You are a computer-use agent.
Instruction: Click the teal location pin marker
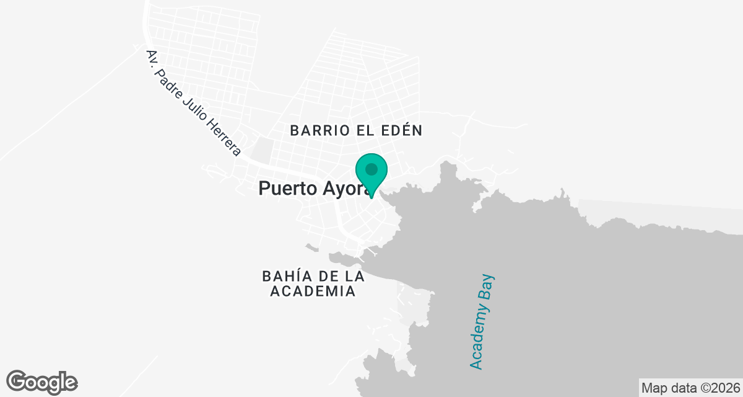tap(371, 173)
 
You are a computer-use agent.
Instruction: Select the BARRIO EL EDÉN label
tap(356, 130)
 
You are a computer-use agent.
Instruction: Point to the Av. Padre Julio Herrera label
tap(193, 102)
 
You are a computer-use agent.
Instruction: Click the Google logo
tap(42, 381)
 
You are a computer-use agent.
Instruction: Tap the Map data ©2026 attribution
tap(690, 388)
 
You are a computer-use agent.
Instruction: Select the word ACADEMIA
tap(313, 291)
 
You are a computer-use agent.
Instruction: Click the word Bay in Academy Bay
tap(489, 288)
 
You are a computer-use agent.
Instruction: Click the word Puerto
tap(286, 188)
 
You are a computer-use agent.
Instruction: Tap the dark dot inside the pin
tap(371, 169)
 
